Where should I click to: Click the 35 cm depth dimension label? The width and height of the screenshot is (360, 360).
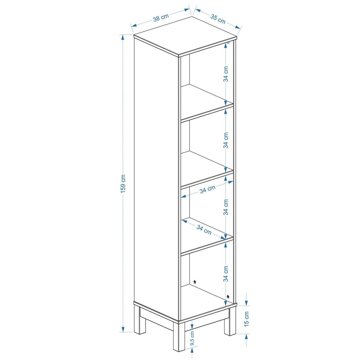coord(218,19)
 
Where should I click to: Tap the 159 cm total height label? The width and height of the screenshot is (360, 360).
coord(123,184)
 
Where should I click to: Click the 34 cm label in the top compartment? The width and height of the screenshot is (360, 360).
coord(226,74)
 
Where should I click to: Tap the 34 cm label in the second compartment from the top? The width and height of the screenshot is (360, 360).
coord(226,140)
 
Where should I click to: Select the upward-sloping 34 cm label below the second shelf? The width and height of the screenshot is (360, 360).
coord(207,189)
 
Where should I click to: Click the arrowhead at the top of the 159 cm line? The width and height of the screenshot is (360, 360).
coord(123,38)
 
